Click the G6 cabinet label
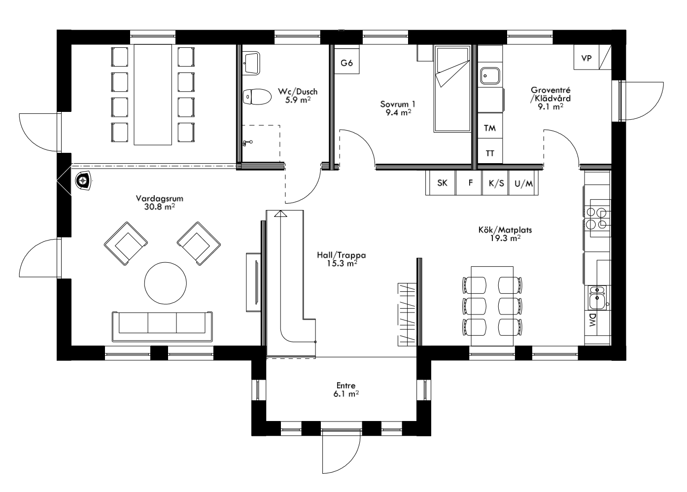pyautogui.click(x=347, y=63)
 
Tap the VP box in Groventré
pyautogui.click(x=586, y=58)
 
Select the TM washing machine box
pyautogui.click(x=489, y=128)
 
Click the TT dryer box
pyautogui.click(x=489, y=153)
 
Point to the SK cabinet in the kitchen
pyautogui.click(x=442, y=183)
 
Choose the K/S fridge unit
pyautogui.click(x=496, y=183)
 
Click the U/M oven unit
pyautogui.click(x=523, y=183)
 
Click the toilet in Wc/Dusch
pyautogui.click(x=256, y=97)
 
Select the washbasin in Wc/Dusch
pyautogui.click(x=252, y=62)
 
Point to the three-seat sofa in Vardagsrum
pyautogui.click(x=163, y=326)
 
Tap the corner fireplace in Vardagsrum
pyautogui.click(x=83, y=181)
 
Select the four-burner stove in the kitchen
pyautogui.click(x=597, y=217)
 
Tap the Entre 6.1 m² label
pyautogui.click(x=345, y=389)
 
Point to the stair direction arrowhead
pyautogui.click(x=280, y=213)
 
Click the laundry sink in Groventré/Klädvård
pyautogui.click(x=490, y=75)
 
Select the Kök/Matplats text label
pyautogui.click(x=505, y=230)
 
